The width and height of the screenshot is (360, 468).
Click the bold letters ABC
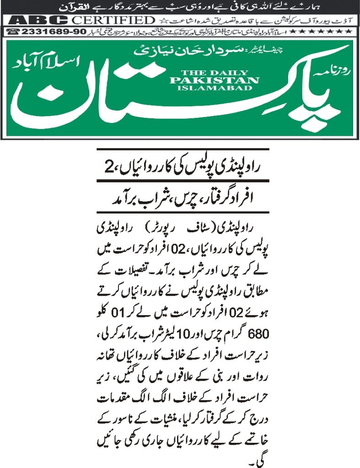pos(39,20)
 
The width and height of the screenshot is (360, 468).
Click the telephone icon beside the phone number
pos(13,31)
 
